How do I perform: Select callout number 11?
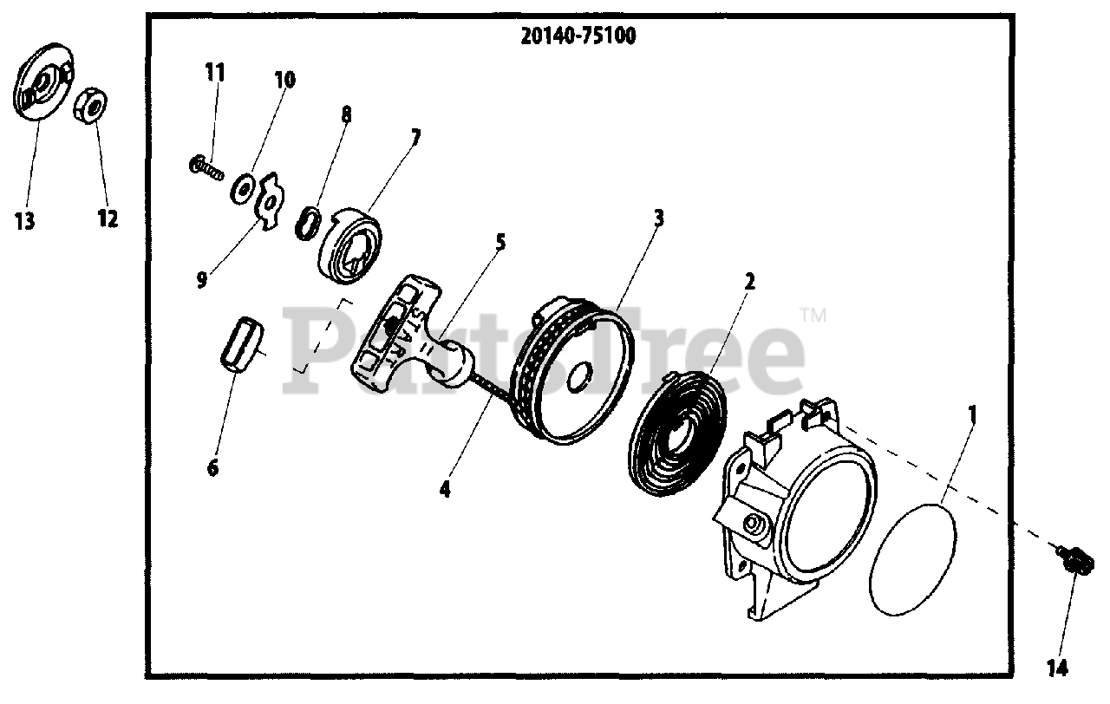215,72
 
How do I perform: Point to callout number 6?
212,468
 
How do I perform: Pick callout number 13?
25,221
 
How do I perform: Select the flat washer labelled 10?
242,187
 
